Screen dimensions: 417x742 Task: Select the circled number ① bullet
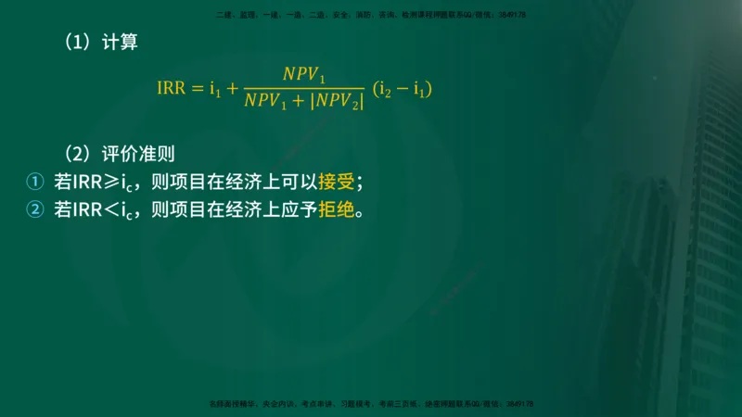[x=34, y=182]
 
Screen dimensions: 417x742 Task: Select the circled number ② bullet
[x=34, y=209]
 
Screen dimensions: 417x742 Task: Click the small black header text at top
[x=371, y=15]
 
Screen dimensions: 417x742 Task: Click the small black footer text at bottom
[x=371, y=404]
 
